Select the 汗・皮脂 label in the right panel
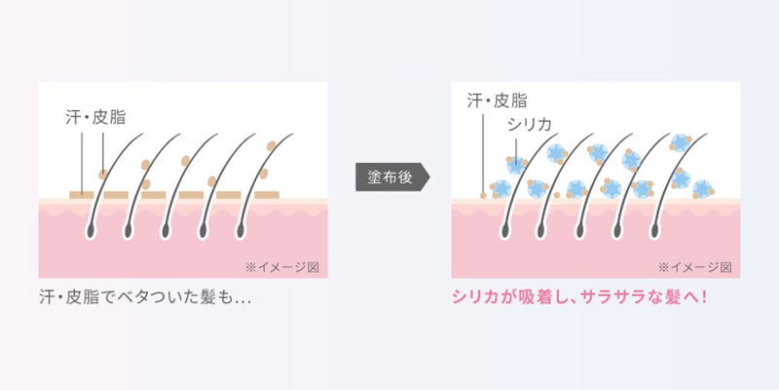[x=497, y=100]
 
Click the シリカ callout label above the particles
[x=530, y=125]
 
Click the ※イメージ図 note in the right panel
[x=698, y=264]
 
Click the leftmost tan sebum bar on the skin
[x=84, y=195]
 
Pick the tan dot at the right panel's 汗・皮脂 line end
[x=484, y=194]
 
